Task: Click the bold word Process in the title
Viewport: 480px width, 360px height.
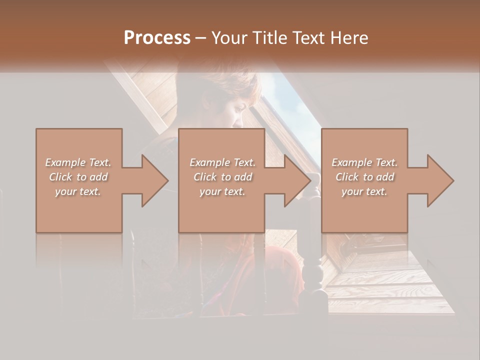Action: [157, 38]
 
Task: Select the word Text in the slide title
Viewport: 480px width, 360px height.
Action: [307, 38]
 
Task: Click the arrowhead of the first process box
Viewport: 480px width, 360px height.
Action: [153, 180]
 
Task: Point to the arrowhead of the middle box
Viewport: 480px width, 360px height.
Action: [296, 180]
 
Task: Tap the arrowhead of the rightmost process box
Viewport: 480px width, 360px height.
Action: [439, 180]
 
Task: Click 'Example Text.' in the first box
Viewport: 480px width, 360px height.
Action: [78, 162]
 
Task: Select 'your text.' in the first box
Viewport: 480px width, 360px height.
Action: [78, 191]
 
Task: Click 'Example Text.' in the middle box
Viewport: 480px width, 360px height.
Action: [222, 162]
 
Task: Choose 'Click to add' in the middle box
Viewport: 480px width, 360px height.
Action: [222, 177]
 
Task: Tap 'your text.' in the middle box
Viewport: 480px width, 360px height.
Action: [222, 191]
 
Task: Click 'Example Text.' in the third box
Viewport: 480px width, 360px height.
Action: [364, 162]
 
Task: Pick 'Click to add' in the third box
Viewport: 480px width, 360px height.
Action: [364, 177]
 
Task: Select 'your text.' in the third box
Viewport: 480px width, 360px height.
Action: [364, 191]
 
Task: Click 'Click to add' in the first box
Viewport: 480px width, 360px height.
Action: [78, 177]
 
